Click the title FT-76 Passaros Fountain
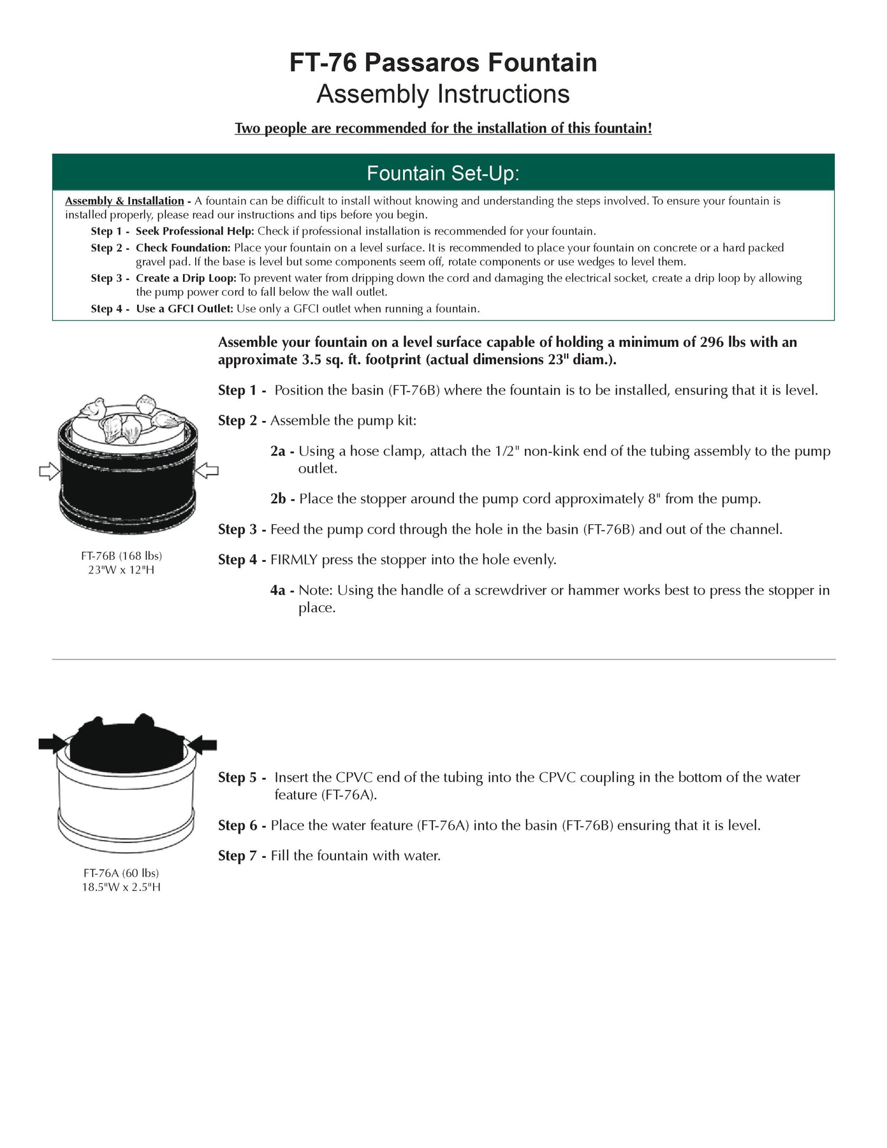coord(443,63)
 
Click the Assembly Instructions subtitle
coord(443,94)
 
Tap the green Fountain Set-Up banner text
coord(443,173)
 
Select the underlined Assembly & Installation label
coord(124,201)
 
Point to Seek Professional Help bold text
coord(194,231)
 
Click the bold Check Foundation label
coord(182,247)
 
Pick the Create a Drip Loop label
coord(186,278)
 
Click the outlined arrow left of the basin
coord(49,472)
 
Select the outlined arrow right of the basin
coord(207,471)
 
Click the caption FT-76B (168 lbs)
coord(121,556)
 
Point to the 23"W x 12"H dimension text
coord(121,570)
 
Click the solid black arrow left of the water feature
coord(54,743)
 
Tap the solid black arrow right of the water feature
coord(203,744)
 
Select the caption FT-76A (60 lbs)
coord(121,872)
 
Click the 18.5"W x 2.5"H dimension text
coord(121,887)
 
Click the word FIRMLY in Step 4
coord(294,560)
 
